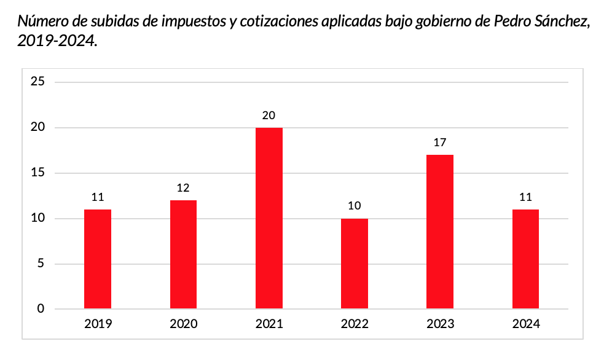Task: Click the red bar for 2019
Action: tap(98, 259)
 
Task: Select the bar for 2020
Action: tap(183, 254)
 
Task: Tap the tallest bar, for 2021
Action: tap(269, 218)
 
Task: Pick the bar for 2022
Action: tap(355, 264)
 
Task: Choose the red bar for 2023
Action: tap(440, 232)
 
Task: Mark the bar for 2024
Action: tap(525, 259)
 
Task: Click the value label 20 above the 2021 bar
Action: tap(269, 115)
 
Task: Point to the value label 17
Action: tap(440, 143)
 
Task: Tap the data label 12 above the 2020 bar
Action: tap(183, 188)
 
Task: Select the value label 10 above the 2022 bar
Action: tap(355, 206)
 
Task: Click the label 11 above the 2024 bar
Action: tap(525, 197)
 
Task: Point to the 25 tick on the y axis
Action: tap(38, 82)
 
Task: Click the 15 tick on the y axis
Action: tap(38, 173)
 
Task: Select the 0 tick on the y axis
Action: tap(41, 309)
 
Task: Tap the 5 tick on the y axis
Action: tap(41, 264)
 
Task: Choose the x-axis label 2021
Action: tap(269, 324)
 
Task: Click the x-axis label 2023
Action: tap(440, 324)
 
